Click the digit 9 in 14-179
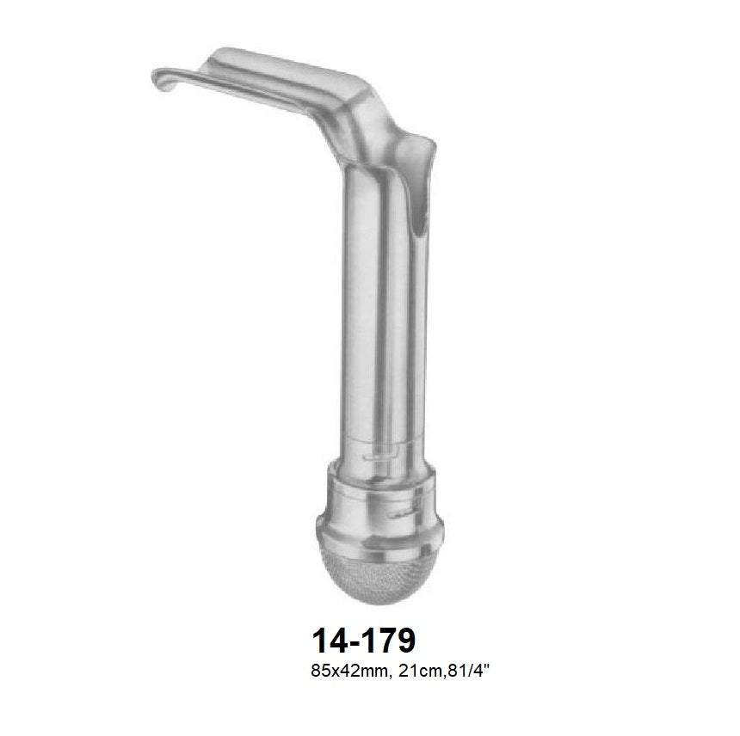[x=405, y=641]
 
